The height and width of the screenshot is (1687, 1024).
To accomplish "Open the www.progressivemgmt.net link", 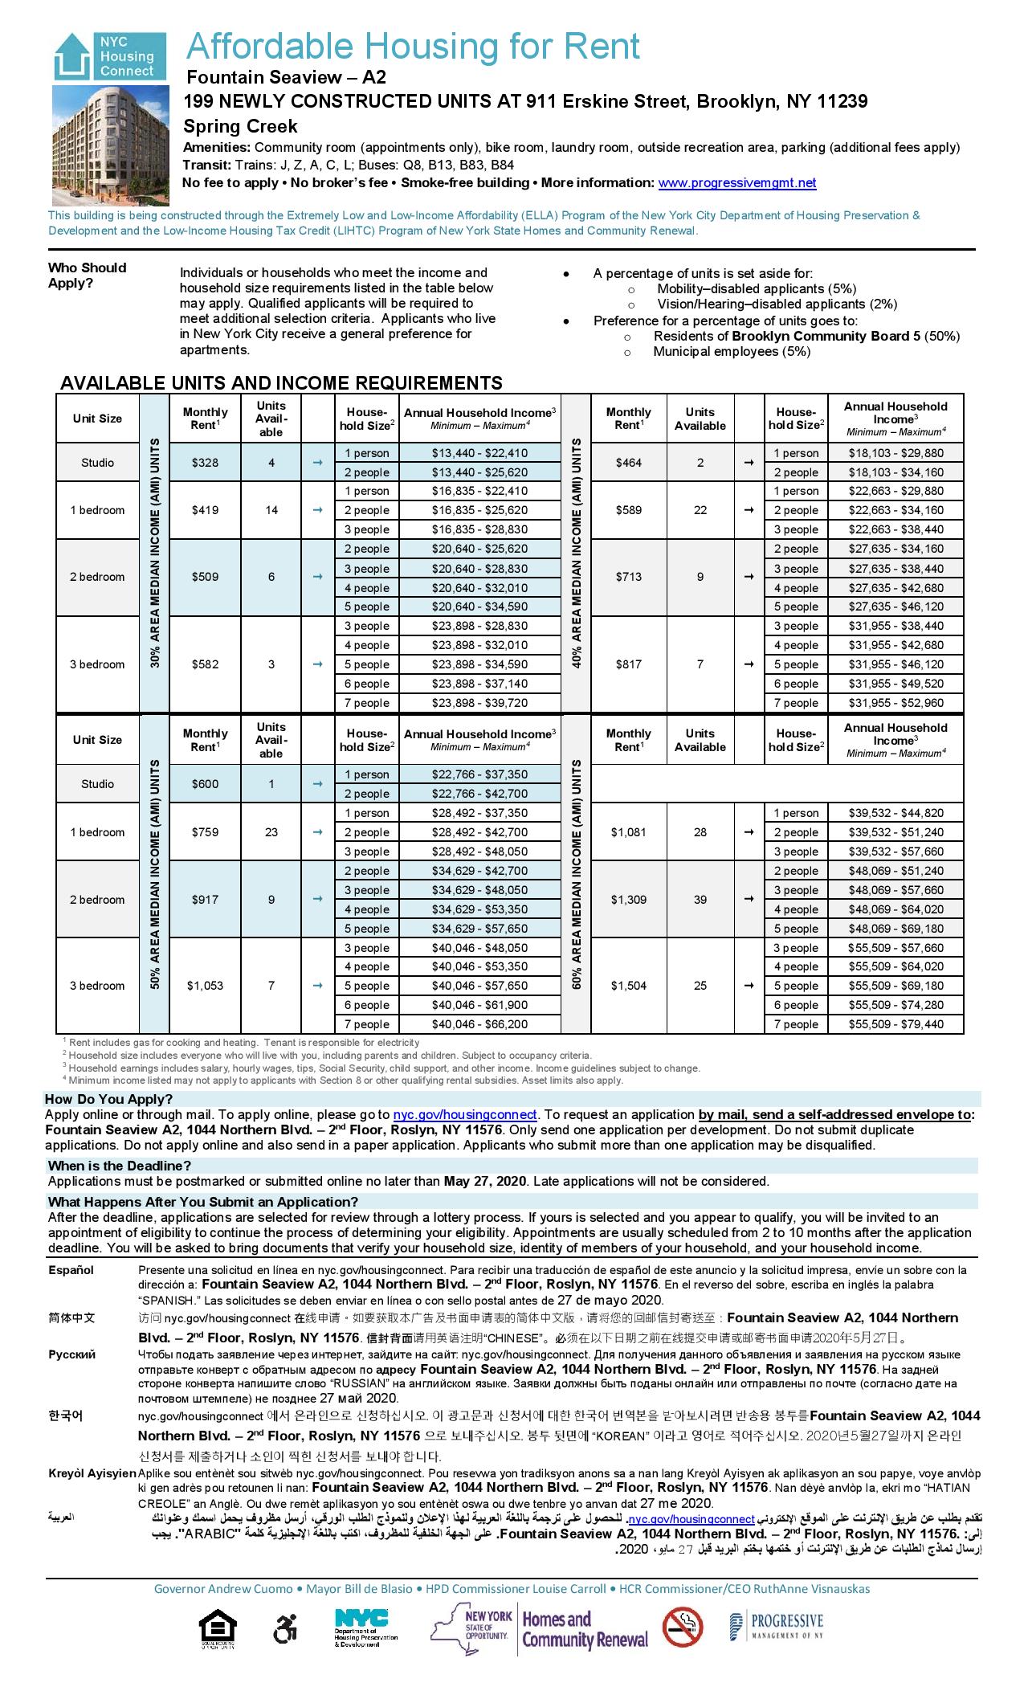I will click(736, 183).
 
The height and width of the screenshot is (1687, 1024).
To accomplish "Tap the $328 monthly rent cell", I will click(206, 463).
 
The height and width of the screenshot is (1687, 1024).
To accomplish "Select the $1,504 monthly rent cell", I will click(628, 986).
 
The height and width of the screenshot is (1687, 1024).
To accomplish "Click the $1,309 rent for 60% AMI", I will click(628, 900).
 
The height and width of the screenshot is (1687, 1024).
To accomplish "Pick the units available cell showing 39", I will click(700, 900).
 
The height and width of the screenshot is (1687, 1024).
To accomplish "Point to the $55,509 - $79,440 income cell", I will click(895, 1024).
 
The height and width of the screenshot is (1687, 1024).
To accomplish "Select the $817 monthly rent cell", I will click(628, 664).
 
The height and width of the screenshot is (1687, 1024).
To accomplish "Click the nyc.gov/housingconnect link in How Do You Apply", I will click(464, 1115).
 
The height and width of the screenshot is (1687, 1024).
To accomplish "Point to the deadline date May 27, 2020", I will click(484, 1181).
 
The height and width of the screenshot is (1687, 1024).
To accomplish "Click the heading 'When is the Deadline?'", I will click(119, 1166).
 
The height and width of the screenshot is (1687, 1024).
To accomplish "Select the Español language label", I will click(71, 1270).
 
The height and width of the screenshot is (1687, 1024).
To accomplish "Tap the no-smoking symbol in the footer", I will click(683, 1627).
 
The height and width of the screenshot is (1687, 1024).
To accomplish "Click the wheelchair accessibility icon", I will click(285, 1628).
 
